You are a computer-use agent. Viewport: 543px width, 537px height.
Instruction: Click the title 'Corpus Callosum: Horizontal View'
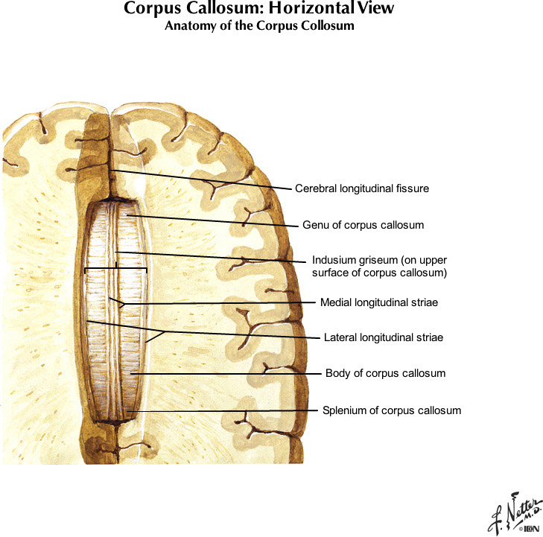tap(270, 10)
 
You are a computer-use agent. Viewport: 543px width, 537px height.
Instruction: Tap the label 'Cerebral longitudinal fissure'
tap(361, 189)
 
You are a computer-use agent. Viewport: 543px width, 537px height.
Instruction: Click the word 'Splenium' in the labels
tap(343, 410)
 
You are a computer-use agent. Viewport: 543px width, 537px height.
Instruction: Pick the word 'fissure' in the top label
tap(413, 189)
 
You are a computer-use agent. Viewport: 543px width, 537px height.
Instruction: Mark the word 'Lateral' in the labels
tap(340, 337)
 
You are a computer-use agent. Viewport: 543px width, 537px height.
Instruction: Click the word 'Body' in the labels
tap(337, 372)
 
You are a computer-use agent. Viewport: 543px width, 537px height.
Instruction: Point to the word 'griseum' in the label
tap(372, 261)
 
